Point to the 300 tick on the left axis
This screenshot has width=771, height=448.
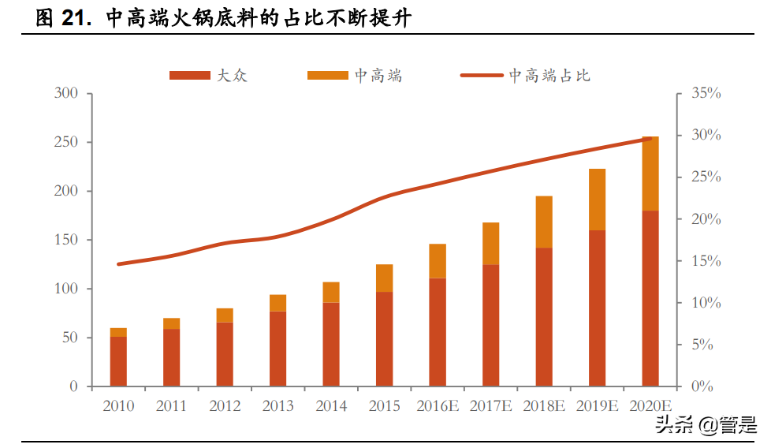point(66,94)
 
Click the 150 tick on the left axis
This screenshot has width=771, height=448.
point(66,240)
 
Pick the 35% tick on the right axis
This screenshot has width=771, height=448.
point(706,94)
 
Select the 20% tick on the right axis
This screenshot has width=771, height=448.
point(706,219)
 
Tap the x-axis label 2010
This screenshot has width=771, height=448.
point(118,406)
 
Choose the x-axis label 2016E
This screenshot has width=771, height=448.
point(438,406)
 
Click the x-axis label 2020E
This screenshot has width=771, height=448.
point(650,406)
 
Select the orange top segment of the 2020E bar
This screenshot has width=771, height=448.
point(650,174)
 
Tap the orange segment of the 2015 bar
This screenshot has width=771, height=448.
point(384,278)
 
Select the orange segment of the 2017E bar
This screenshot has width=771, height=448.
point(490,243)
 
